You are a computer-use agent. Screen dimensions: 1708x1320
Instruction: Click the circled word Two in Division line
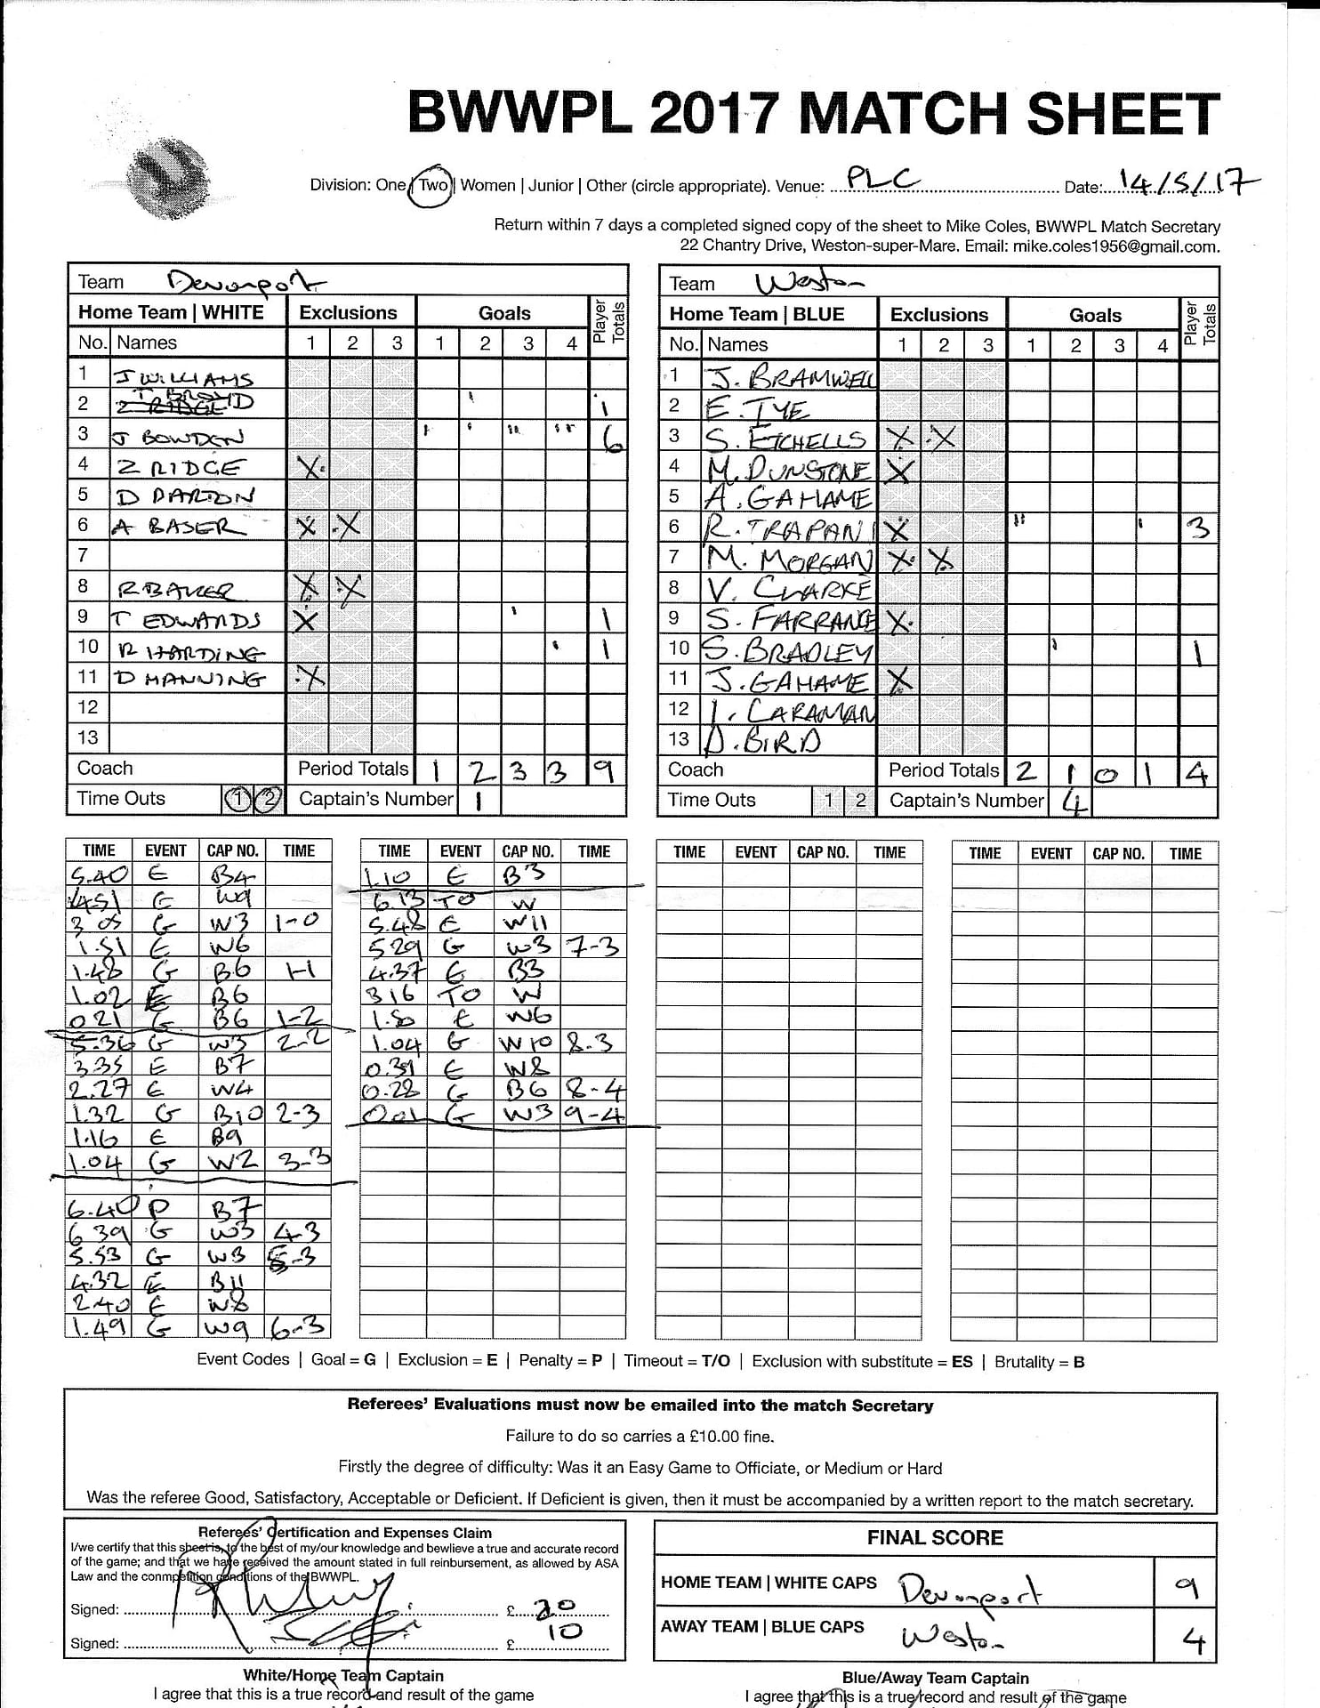[x=433, y=185]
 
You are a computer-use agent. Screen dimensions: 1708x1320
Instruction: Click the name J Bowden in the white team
[x=178, y=437]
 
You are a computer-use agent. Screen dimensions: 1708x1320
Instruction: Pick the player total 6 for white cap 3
[x=611, y=438]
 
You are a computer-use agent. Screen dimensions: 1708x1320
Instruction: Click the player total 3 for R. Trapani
[x=1198, y=529]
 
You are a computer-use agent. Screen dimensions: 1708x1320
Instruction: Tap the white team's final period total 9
[x=605, y=770]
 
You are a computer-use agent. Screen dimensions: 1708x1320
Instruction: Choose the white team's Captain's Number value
[x=478, y=801]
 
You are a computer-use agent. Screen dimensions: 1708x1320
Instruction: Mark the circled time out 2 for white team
[x=268, y=801]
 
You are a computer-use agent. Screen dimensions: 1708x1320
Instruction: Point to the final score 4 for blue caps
[x=1192, y=1639]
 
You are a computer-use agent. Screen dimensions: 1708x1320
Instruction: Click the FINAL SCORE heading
[x=935, y=1537]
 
